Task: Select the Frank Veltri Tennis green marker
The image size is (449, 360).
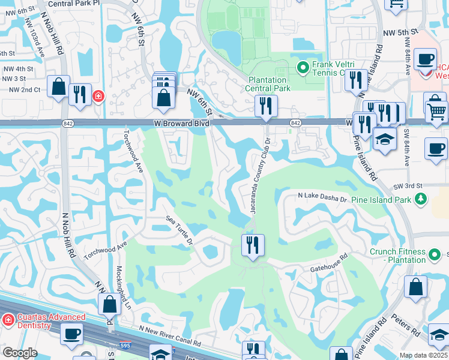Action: point(303,67)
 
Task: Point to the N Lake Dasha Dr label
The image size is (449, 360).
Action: point(323,197)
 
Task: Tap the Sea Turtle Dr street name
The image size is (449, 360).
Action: point(179,232)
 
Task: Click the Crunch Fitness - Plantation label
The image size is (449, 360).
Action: point(397,256)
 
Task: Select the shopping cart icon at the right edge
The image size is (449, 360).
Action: point(436,111)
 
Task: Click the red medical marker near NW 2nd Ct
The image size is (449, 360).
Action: point(97,96)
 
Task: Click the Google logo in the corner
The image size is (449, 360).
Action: point(19,353)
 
